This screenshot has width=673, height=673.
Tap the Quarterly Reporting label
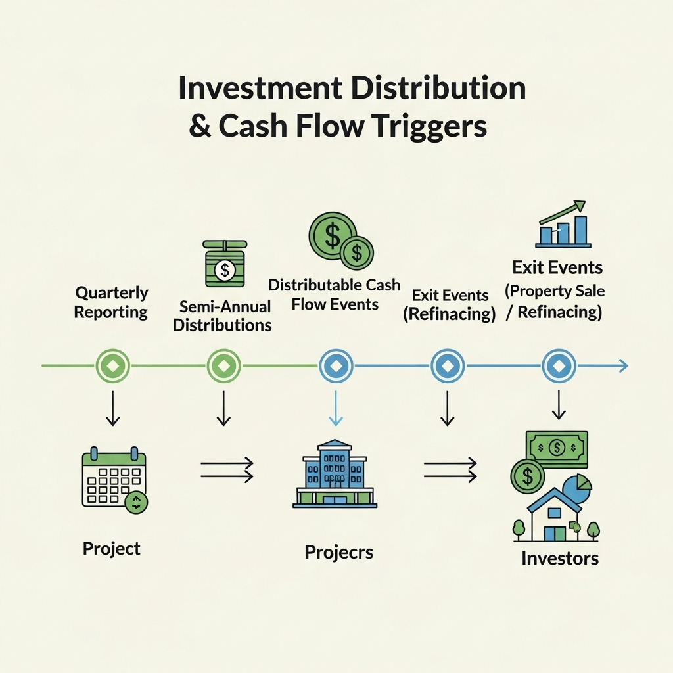(x=111, y=302)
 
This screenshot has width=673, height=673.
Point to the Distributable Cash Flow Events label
(x=335, y=294)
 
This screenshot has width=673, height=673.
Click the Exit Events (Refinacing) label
(x=449, y=305)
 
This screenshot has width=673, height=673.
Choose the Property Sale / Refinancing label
(x=554, y=301)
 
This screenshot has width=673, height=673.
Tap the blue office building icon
(x=334, y=474)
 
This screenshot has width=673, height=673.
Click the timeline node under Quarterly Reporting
(x=112, y=365)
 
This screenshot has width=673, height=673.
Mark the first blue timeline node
(x=336, y=365)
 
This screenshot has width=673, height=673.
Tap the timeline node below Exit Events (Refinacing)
(x=448, y=365)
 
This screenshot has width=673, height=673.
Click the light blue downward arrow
(x=336, y=409)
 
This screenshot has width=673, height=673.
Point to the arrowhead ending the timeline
(x=623, y=365)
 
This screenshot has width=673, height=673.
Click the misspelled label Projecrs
(x=338, y=551)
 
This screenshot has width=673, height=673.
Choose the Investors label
(x=560, y=558)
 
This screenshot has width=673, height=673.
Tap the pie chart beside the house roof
(x=578, y=486)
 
